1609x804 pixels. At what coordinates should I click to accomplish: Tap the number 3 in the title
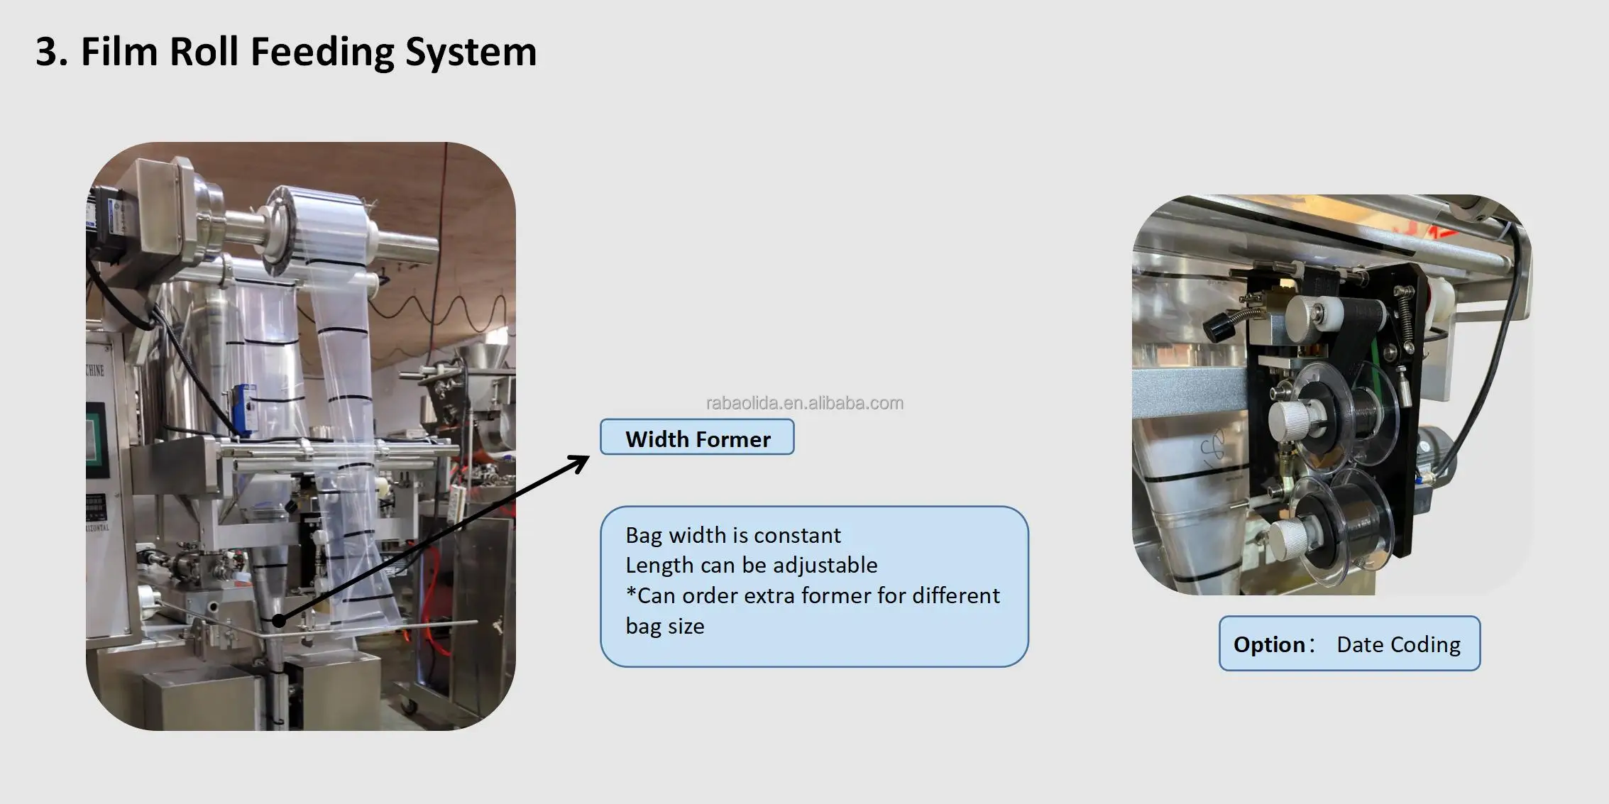tap(46, 53)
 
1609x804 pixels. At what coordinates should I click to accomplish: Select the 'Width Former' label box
tap(697, 437)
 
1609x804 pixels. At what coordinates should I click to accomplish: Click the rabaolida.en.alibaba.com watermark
tap(804, 403)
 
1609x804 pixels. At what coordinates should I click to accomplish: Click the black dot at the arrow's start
tap(279, 621)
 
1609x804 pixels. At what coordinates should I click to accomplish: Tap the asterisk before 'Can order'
tap(630, 593)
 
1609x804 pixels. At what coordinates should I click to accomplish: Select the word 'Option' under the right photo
tap(1269, 644)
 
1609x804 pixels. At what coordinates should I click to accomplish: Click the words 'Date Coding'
tap(1398, 644)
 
